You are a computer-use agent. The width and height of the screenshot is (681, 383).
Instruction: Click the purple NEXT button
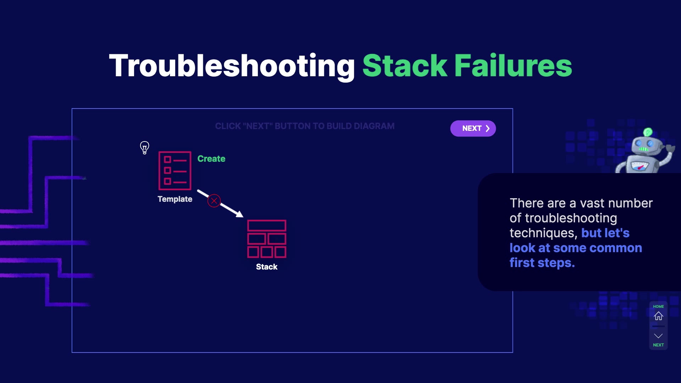(473, 128)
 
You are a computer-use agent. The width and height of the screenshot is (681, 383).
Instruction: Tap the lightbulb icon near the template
(144, 147)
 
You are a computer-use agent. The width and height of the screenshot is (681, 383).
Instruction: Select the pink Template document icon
(175, 171)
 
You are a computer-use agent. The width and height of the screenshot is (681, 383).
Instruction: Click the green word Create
(211, 159)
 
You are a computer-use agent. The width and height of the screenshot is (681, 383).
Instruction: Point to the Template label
(175, 199)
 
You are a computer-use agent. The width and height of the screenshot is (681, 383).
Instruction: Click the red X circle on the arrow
(214, 201)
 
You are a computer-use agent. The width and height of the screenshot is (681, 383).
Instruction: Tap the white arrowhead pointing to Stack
(240, 214)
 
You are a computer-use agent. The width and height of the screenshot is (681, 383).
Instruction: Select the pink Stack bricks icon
(267, 239)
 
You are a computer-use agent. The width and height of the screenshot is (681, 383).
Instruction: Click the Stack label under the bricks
(267, 267)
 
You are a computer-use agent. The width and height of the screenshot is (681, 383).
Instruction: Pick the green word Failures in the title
(513, 66)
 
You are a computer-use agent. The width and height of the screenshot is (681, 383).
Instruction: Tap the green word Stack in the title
(405, 66)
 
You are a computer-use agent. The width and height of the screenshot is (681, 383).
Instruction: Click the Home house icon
(658, 316)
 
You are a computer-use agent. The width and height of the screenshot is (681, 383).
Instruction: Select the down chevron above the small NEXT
(658, 335)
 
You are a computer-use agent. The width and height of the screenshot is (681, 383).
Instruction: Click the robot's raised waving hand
(670, 148)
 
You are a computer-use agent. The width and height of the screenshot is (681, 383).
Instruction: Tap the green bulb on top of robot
(648, 132)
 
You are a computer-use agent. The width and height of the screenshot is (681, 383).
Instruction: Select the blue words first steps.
(542, 263)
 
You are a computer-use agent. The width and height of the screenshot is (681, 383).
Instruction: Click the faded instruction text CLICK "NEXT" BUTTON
(305, 126)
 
